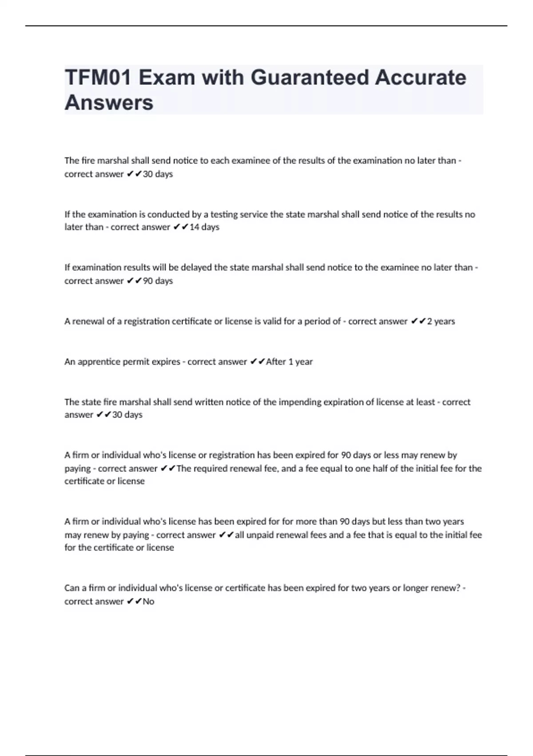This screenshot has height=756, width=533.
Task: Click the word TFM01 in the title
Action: click(x=98, y=77)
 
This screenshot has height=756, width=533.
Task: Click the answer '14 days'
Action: click(x=204, y=227)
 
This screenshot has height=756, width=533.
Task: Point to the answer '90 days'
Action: click(x=158, y=281)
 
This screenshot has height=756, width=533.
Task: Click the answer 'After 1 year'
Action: click(x=289, y=362)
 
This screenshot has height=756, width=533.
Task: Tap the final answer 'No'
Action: click(x=148, y=601)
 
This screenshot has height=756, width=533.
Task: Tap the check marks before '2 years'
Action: click(x=418, y=321)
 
